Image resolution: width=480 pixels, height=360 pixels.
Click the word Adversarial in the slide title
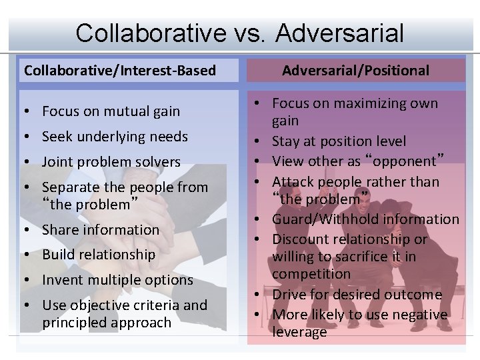tap(339, 33)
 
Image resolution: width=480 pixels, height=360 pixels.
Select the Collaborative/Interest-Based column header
tap(120, 70)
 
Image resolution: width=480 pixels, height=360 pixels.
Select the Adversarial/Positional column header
tap(356, 70)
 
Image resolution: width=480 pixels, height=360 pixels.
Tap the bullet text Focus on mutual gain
tap(111, 111)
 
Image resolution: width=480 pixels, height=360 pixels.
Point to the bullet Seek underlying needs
tap(115, 137)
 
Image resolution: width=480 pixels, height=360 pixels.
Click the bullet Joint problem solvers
tap(111, 162)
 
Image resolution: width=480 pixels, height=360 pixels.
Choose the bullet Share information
tap(101, 230)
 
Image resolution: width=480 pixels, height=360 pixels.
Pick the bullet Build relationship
tap(99, 255)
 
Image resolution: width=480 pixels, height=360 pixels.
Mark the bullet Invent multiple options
tap(117, 280)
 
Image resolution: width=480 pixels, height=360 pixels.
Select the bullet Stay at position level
tap(339, 141)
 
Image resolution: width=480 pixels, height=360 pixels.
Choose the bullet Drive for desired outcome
tap(357, 294)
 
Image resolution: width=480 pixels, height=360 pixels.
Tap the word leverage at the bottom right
tap(299, 331)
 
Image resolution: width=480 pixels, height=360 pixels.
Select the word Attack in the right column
tap(291, 181)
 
